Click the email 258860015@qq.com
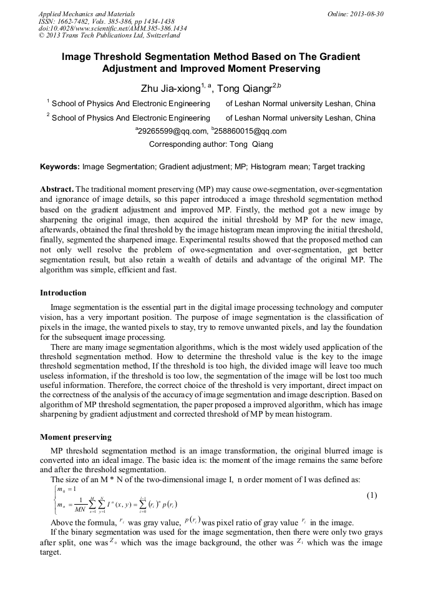[x=250, y=131]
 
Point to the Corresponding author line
[x=211, y=144]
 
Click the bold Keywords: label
[x=60, y=167]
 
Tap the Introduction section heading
[x=63, y=292]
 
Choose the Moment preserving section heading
[x=76, y=437]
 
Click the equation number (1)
[x=371, y=495]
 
